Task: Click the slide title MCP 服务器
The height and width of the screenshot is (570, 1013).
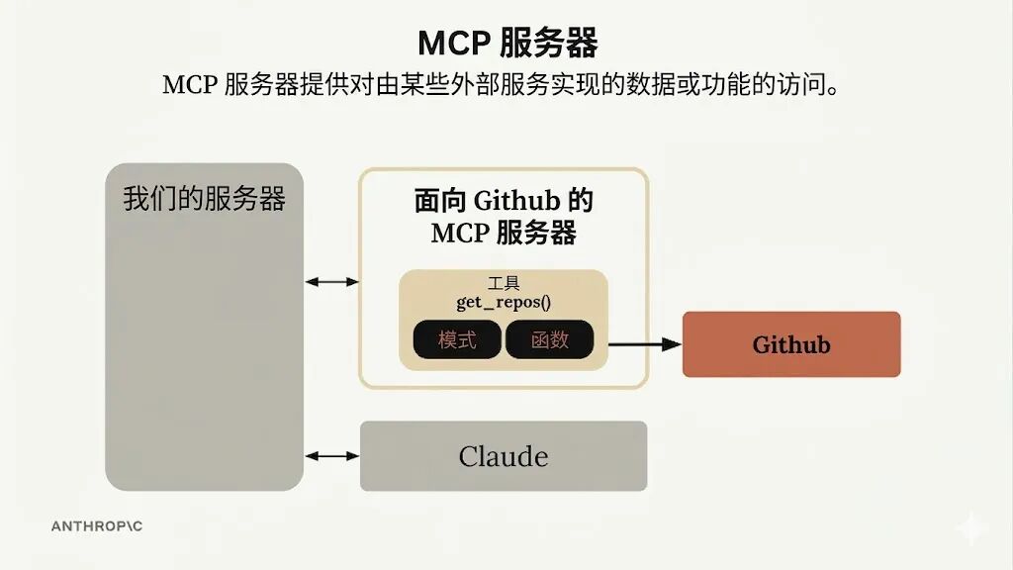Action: click(x=506, y=43)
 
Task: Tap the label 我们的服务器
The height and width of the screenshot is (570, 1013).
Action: click(x=204, y=199)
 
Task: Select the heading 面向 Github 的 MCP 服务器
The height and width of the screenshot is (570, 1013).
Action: click(x=504, y=217)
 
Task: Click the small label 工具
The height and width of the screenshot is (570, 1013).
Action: click(x=504, y=284)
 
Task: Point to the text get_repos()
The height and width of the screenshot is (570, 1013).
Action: click(x=504, y=302)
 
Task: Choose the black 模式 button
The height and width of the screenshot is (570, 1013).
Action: click(x=457, y=340)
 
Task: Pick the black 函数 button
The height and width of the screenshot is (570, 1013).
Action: click(x=550, y=340)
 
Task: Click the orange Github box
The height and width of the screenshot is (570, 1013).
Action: click(x=791, y=344)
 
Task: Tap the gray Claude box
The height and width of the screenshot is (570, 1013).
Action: click(x=504, y=456)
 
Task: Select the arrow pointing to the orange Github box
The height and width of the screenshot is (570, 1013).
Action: click(x=645, y=344)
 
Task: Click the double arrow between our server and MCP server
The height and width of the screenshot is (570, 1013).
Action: click(x=331, y=282)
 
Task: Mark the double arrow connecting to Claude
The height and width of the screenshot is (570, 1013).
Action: click(x=331, y=456)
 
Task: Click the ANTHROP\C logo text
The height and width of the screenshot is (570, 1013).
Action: click(x=97, y=526)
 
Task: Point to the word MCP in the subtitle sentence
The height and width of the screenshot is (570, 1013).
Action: click(x=188, y=85)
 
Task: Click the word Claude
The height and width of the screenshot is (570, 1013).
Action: click(x=504, y=456)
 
